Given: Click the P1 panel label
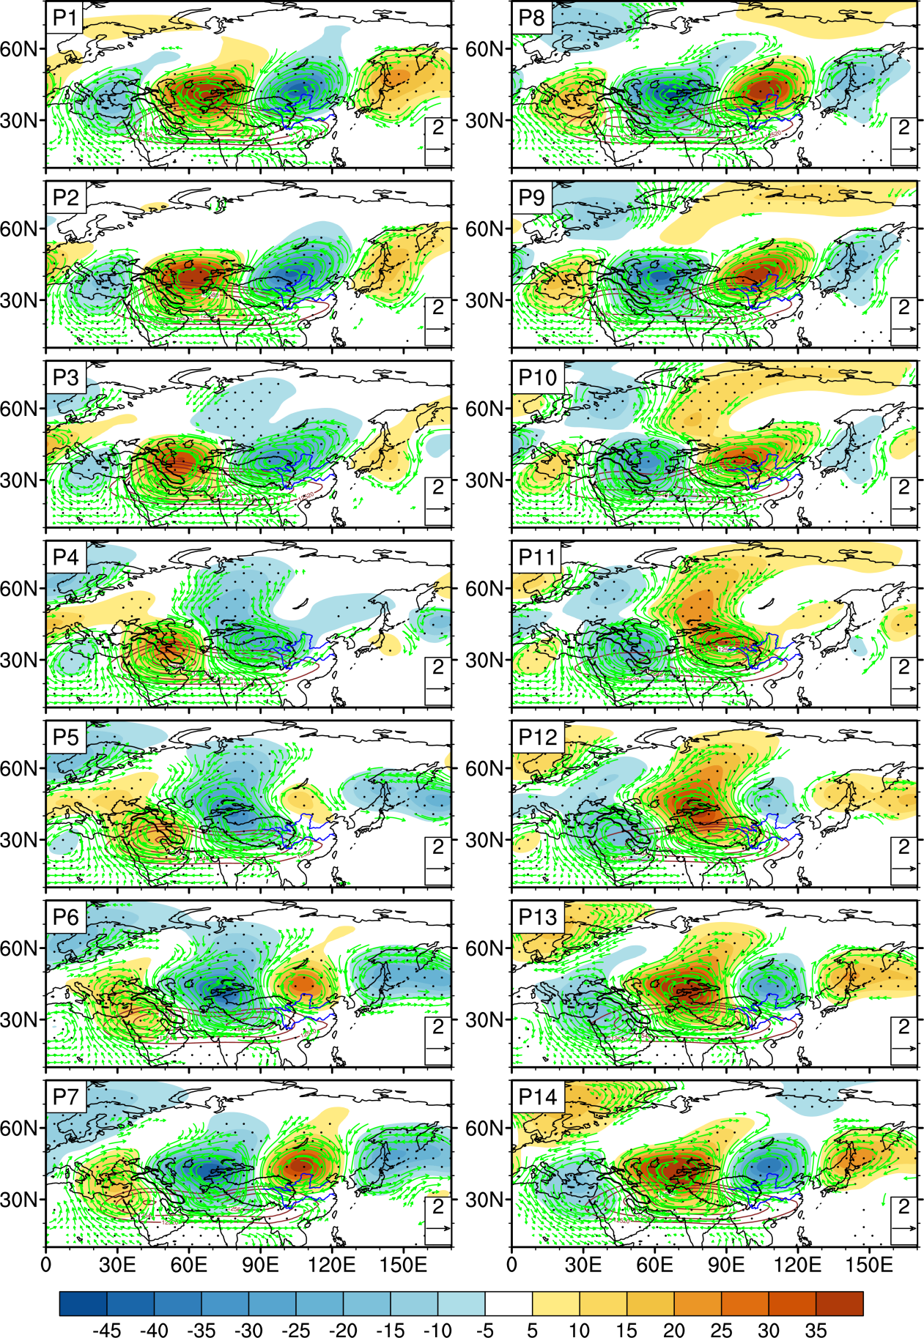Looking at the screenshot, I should [64, 17].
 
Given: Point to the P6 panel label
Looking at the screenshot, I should [65, 916].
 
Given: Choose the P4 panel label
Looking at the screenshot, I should [65, 557].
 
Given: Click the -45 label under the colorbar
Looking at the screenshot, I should [106, 1330].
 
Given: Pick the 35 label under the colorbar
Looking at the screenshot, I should [816, 1330].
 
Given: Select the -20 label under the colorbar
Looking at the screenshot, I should [343, 1330].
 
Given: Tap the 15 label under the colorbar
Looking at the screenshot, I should [627, 1330].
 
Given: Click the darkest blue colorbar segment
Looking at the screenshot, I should [83, 1303].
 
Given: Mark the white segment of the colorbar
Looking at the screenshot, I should [509, 1303].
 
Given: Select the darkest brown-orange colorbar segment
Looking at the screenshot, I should [839, 1303].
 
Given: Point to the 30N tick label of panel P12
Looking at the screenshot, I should [485, 839].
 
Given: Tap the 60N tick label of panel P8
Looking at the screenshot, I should [485, 49].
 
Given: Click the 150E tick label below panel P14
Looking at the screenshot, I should [868, 1265].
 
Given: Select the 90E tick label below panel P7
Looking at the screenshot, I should [260, 1265].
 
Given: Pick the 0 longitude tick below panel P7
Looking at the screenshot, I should [46, 1265].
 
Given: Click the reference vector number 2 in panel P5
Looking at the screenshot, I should [438, 847].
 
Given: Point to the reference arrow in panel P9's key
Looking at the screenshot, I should [903, 330].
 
